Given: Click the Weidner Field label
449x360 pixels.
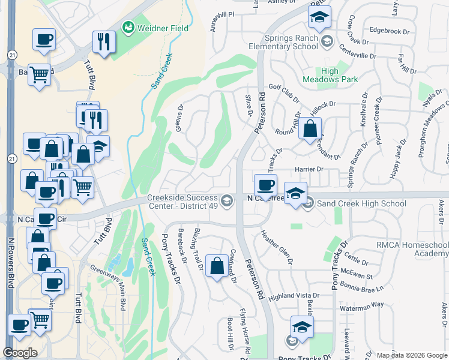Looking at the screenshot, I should [x=163, y=28].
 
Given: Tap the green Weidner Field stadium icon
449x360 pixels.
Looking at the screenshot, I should [x=128, y=27].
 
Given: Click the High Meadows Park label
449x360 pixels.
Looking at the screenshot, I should [x=339, y=75].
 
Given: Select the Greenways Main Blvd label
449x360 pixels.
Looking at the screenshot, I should [x=108, y=288].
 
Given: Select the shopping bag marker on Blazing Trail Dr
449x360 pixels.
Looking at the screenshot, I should [x=217, y=265].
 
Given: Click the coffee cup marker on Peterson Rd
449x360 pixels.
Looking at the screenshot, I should [x=265, y=184].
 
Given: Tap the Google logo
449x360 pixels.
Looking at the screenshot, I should [x=20, y=353].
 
